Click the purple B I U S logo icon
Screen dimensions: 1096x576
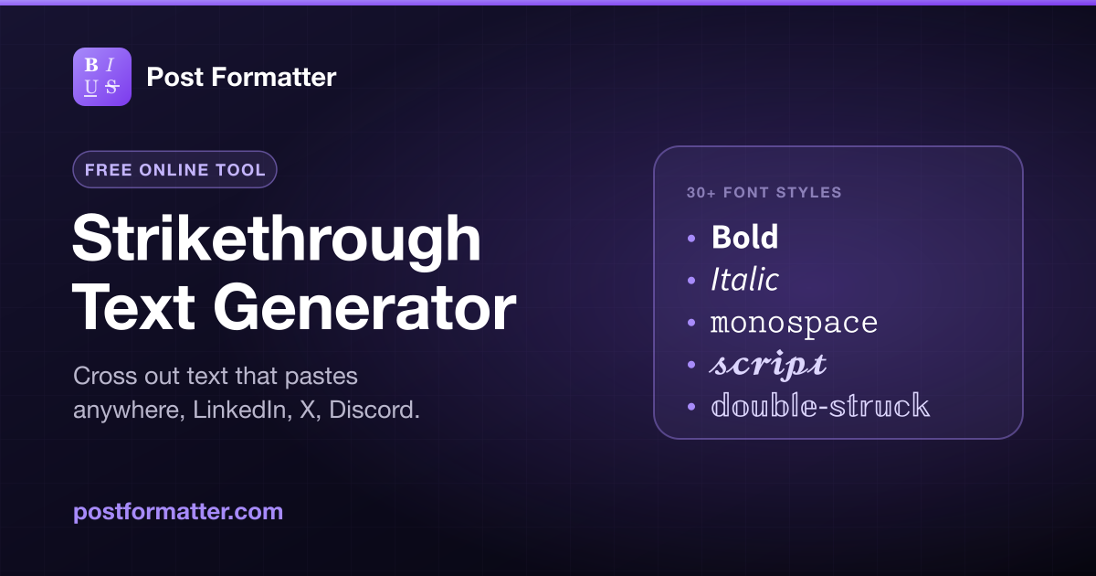tap(102, 77)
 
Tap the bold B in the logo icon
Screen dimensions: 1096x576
tap(91, 65)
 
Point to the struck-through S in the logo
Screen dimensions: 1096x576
tap(112, 87)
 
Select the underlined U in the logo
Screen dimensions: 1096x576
tap(90, 87)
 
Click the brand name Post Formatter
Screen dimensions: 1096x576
tap(241, 77)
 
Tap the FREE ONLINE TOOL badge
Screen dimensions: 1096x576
tap(174, 169)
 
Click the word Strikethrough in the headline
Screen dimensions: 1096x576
tap(277, 239)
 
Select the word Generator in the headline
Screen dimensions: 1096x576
tap(364, 308)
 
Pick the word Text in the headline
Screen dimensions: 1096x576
tap(133, 308)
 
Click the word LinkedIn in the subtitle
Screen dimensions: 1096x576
tap(239, 410)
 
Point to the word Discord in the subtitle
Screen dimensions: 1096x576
tap(374, 410)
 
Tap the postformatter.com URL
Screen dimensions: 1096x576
tap(178, 512)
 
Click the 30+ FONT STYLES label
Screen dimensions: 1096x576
tap(764, 193)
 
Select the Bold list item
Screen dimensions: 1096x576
tap(744, 237)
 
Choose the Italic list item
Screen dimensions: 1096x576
tap(744, 279)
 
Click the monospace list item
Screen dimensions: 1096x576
tap(794, 324)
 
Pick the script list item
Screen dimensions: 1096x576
tap(768, 365)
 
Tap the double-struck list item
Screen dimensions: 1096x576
tap(820, 406)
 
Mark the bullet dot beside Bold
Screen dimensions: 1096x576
tap(691, 239)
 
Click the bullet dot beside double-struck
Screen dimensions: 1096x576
tap(691, 407)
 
